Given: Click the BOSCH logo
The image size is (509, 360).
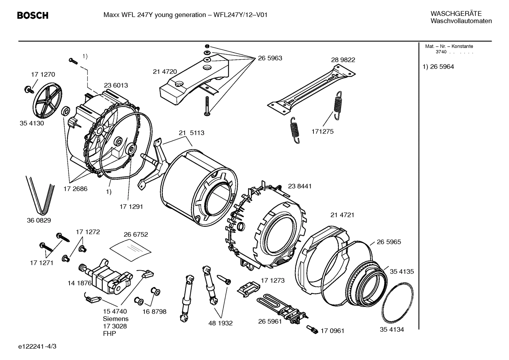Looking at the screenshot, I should (x=32, y=16).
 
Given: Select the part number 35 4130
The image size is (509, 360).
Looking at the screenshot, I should (x=32, y=124).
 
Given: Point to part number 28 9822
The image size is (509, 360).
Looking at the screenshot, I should (x=343, y=60).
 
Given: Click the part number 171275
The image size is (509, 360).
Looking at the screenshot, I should (x=322, y=131).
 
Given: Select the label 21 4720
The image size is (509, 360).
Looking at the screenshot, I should (x=164, y=72).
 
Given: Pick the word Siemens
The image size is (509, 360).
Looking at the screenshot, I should (x=115, y=319).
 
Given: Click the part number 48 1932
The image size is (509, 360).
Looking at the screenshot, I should (x=221, y=323).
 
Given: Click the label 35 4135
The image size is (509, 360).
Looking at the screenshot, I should (x=402, y=272).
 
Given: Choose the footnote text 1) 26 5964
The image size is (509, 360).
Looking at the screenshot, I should (x=438, y=67).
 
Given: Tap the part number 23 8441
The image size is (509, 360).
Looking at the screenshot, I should (x=300, y=186).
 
